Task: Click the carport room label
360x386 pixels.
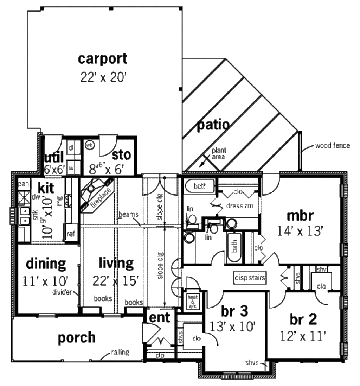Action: coord(102,59)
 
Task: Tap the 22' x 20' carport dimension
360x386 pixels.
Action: coord(102,77)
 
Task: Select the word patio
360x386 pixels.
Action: coord(213,125)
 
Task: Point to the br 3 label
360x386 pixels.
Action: coord(234,311)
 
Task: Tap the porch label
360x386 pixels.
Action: coord(76,337)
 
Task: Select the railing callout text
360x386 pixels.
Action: coord(120,352)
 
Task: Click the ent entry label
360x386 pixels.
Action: coord(160,317)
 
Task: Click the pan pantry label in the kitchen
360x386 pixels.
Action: coord(24,184)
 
